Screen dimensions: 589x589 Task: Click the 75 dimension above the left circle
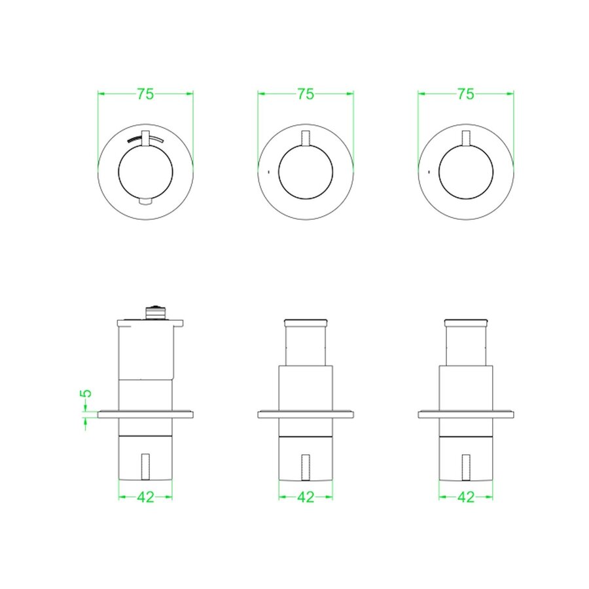click(x=145, y=94)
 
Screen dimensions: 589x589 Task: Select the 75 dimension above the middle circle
click(x=306, y=94)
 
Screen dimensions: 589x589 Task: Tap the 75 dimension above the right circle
click(x=466, y=94)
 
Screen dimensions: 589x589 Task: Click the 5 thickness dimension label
click(x=86, y=393)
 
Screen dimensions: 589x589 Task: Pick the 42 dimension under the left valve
click(x=145, y=497)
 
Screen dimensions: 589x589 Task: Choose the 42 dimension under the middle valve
click(x=306, y=497)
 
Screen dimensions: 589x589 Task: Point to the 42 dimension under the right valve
click(x=466, y=497)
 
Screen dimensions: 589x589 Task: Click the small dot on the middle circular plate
click(x=268, y=172)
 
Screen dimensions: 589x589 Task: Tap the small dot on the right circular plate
click(x=429, y=172)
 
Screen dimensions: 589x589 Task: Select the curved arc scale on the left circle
click(x=145, y=139)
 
